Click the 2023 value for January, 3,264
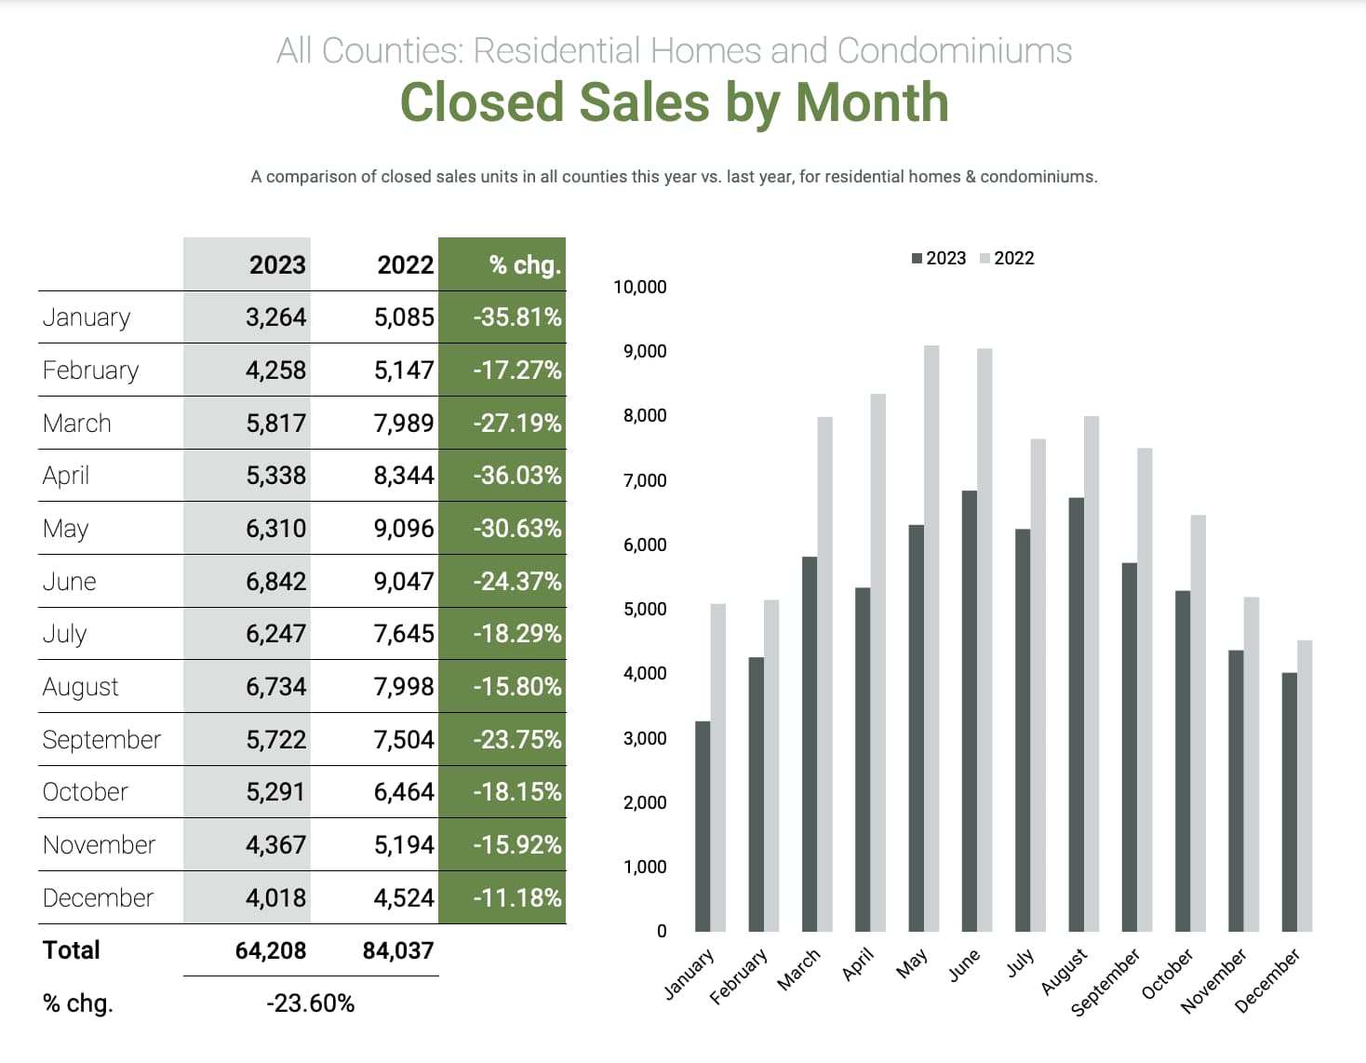tap(275, 317)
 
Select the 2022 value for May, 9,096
tap(404, 529)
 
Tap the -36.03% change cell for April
tap(516, 476)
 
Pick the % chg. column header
tap(525, 265)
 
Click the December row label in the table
tap(98, 898)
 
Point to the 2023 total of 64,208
tap(270, 950)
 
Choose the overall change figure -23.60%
tap(310, 1003)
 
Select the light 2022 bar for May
tap(931, 638)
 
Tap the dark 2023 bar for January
tap(703, 826)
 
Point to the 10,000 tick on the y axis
tap(639, 287)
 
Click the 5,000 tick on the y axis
tap(644, 609)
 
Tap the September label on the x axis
tap(1105, 983)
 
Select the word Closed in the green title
tap(481, 102)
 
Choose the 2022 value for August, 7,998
tap(404, 687)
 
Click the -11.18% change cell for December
tap(516, 898)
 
